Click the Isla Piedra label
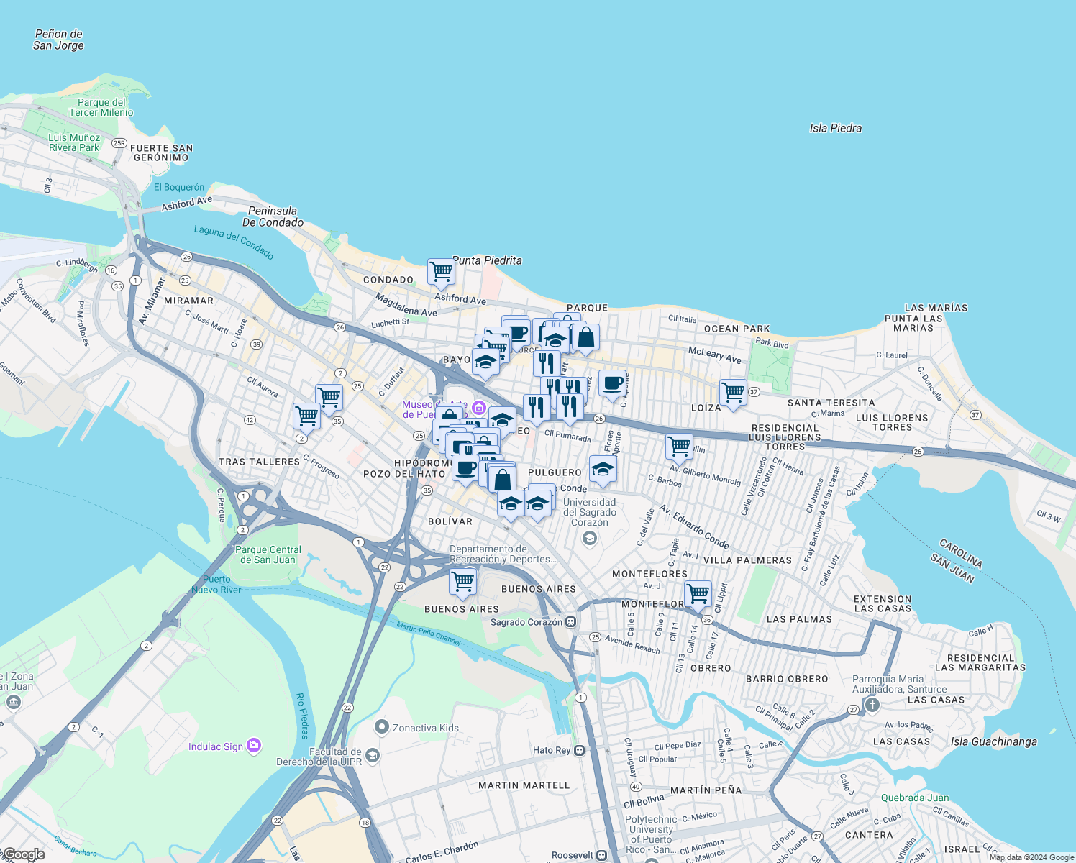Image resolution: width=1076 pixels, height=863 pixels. pyautogui.click(x=835, y=128)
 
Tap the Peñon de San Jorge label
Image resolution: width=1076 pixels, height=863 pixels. pyautogui.click(x=59, y=40)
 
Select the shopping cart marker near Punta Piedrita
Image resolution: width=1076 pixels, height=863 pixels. pyautogui.click(x=441, y=272)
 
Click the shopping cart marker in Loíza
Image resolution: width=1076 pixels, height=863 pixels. pyautogui.click(x=733, y=393)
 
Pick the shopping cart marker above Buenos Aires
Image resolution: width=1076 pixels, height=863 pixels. pyautogui.click(x=462, y=582)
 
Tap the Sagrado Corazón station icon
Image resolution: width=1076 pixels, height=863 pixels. pyautogui.click(x=570, y=622)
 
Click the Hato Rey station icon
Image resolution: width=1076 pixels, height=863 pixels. pyautogui.click(x=580, y=750)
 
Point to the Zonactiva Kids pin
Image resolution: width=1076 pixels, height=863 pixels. pyautogui.click(x=382, y=727)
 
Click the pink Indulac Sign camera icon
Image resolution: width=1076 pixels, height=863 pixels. pyautogui.click(x=254, y=746)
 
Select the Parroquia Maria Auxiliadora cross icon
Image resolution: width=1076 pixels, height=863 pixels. pyautogui.click(x=872, y=704)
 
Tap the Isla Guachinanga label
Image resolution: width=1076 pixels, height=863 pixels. pyautogui.click(x=993, y=741)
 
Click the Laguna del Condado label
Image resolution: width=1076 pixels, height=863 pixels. pyautogui.click(x=234, y=242)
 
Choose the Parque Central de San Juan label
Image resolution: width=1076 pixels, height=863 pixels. pyautogui.click(x=268, y=554)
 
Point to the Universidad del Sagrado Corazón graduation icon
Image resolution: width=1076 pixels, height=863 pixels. pyautogui.click(x=590, y=539)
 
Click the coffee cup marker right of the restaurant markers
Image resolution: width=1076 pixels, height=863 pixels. pyautogui.click(x=612, y=383)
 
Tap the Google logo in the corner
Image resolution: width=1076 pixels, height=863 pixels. pyautogui.click(x=24, y=854)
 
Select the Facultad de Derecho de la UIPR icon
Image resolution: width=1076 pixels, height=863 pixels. pyautogui.click(x=373, y=754)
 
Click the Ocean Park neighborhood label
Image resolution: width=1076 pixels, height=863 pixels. pyautogui.click(x=737, y=329)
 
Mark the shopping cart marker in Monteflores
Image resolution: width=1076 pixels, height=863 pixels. pyautogui.click(x=698, y=594)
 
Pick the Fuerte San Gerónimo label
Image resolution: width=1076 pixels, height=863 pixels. pyautogui.click(x=162, y=152)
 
